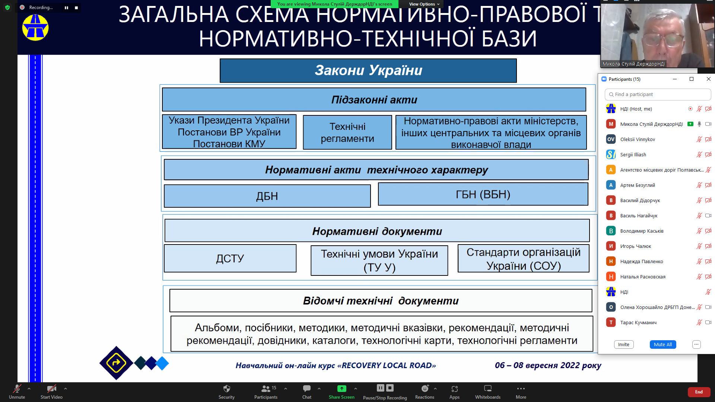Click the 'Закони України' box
[368, 70]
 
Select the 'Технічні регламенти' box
[347, 133]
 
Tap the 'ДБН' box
[267, 196]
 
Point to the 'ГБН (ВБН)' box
[483, 194]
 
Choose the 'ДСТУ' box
[230, 258]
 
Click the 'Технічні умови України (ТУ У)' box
[379, 261]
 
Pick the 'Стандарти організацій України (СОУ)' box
[523, 259]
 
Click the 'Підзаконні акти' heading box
[374, 100]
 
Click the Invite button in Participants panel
[623, 344]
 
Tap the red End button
[699, 392]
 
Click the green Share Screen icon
[341, 389]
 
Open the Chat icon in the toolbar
[307, 389]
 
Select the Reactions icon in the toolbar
[425, 389]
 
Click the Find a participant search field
[658, 95]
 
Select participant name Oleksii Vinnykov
[638, 140]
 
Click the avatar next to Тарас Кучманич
[611, 323]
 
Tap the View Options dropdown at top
[424, 4]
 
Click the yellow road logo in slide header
[35, 28]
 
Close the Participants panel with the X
[708, 79]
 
